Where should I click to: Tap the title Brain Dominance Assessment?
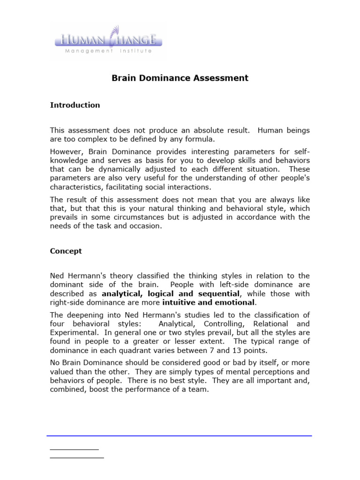coord(180,78)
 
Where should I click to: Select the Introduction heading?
coord(75,105)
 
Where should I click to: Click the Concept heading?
coord(66,251)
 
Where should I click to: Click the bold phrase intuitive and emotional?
coord(208,302)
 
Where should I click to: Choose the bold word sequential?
coord(220,293)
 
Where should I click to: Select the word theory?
coord(127,276)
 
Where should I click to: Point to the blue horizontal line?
coord(179,436)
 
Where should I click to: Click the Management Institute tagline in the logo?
coord(108,51)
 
